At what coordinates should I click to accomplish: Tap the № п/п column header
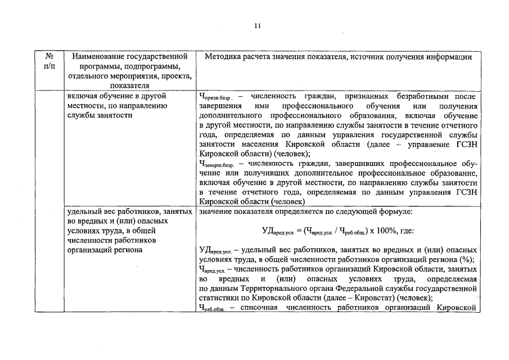pyautogui.click(x=49, y=61)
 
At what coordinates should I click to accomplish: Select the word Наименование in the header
pyautogui.click(x=94, y=56)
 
